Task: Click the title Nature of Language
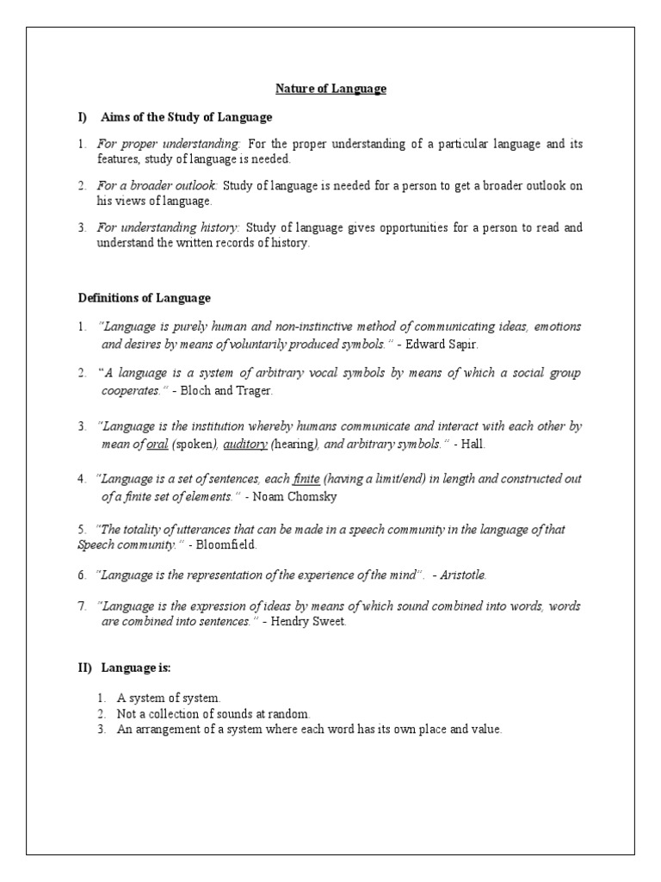[x=330, y=89]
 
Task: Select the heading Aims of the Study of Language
[x=186, y=117]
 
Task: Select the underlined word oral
[x=157, y=444]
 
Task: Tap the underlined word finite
[x=306, y=478]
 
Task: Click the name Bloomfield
[x=225, y=544]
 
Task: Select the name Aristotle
[x=468, y=575]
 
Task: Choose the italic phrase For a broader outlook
[x=158, y=186]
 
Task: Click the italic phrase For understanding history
[x=168, y=228]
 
